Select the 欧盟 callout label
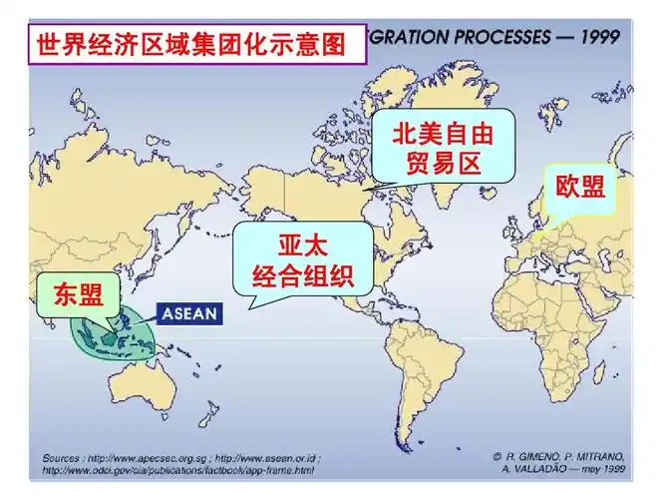579,187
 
